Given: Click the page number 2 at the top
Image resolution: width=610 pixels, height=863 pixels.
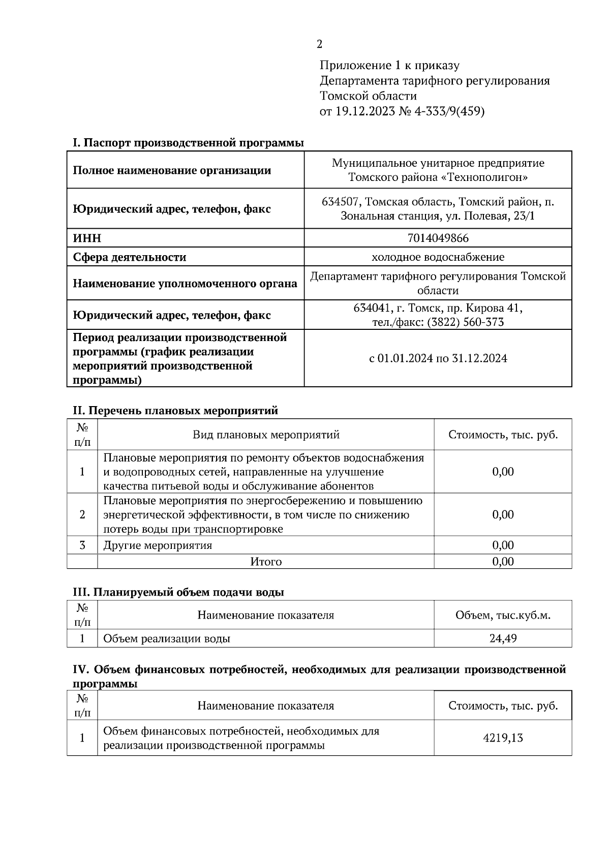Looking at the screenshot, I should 319,44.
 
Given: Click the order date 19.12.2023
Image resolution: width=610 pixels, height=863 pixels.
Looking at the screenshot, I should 364,111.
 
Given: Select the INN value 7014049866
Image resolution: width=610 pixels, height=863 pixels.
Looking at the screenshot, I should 438,238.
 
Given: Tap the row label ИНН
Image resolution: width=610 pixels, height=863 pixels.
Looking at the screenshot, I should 87,238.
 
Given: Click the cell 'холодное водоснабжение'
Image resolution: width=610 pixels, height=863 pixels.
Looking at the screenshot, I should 438,257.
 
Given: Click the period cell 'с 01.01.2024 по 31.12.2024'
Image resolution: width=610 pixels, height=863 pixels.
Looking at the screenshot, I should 438,358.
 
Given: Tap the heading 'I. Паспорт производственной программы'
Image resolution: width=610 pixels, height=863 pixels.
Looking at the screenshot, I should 188,143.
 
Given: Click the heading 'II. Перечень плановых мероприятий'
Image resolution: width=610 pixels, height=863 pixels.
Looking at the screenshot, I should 175,410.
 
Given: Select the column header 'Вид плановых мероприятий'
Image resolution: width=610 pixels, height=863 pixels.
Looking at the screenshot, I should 266,435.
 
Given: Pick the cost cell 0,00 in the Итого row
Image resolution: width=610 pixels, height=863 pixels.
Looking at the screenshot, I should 503,562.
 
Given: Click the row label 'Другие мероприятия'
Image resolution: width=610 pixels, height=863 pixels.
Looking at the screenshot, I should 158,545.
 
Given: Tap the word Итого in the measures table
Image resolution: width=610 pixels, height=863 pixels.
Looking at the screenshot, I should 266,562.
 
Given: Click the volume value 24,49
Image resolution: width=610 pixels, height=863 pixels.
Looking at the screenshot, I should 503,638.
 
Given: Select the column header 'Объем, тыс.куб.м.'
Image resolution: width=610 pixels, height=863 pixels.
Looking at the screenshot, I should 503,615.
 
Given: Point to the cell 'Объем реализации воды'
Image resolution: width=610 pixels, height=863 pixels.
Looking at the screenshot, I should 167,638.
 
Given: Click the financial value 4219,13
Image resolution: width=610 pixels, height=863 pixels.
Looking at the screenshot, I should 503,738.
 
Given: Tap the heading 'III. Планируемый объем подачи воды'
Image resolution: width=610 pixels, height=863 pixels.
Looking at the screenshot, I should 178,592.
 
